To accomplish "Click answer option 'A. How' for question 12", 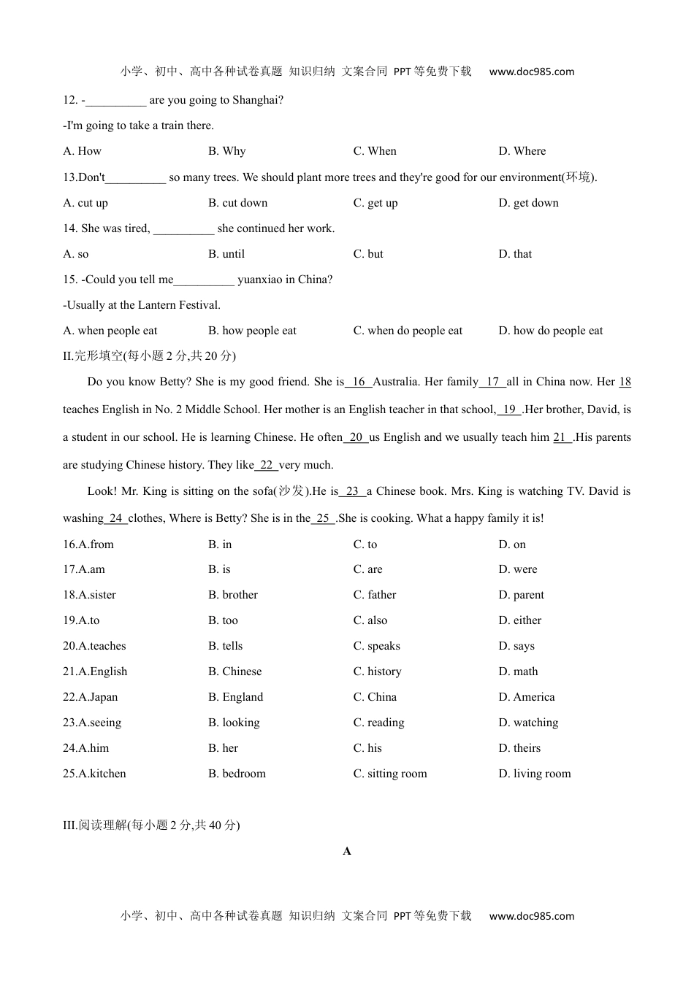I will click(x=83, y=151).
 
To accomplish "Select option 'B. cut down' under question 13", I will click(x=237, y=203).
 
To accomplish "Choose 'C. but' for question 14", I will click(x=368, y=254).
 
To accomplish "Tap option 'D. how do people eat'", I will click(x=551, y=331).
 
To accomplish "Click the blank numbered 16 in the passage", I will click(x=359, y=382).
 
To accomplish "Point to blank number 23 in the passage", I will click(x=352, y=491).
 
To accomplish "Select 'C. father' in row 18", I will click(x=375, y=595).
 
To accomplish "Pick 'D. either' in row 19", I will click(x=520, y=620).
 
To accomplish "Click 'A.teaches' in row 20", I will click(x=94, y=646).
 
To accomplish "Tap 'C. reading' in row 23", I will click(x=378, y=723).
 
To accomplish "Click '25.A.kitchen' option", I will click(x=94, y=774).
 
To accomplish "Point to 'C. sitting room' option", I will click(x=390, y=774).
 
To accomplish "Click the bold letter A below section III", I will click(x=347, y=851).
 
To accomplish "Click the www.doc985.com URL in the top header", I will click(x=531, y=72).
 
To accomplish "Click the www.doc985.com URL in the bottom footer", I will click(x=531, y=916).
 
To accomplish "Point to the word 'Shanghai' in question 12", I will click(x=255, y=100).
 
